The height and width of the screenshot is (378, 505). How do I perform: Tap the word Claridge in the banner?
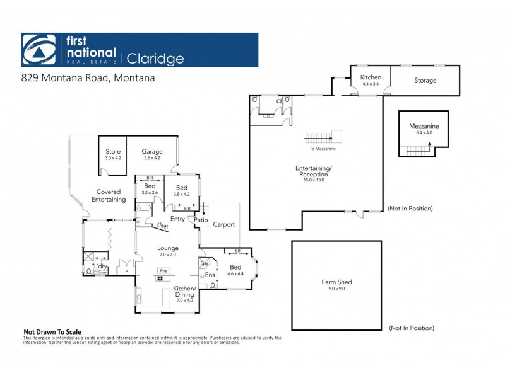[156, 59]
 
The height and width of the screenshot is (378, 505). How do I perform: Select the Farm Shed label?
[336, 282]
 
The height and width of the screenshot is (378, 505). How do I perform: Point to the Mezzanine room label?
[424, 126]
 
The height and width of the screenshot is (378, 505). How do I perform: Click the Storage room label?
[425, 80]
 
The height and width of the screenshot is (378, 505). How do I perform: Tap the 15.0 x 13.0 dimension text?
[314, 181]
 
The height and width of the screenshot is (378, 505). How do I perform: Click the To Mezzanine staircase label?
[322, 149]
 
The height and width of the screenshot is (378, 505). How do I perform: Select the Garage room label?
[152, 151]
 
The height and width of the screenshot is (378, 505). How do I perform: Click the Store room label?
[113, 151]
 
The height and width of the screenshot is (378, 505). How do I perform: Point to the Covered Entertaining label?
[109, 195]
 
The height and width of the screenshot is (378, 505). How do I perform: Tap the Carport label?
[223, 224]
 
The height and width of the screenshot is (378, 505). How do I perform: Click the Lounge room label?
[168, 248]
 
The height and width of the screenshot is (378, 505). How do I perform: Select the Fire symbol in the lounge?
[163, 270]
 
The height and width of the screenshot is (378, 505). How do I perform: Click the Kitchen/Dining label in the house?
[185, 291]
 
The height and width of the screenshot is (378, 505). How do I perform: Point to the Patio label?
[201, 220]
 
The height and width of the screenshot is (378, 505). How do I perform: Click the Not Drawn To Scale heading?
[52, 331]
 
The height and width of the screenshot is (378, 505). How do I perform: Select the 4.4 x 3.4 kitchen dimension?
[371, 83]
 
